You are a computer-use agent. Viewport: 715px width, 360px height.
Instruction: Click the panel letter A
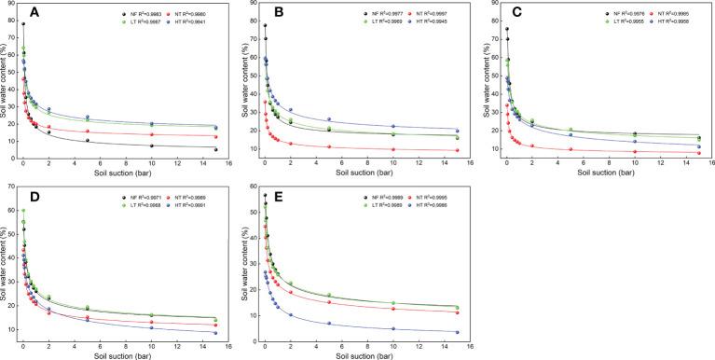click(34, 12)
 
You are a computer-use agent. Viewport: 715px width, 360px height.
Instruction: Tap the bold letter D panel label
click(34, 195)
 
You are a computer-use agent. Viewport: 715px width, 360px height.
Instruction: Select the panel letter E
click(275, 195)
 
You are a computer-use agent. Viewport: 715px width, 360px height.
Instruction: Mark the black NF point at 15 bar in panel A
click(215, 149)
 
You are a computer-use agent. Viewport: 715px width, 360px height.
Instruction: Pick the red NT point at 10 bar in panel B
click(392, 149)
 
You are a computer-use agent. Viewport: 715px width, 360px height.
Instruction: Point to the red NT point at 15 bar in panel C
click(698, 152)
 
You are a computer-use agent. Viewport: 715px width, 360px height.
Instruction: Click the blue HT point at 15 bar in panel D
click(215, 333)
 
